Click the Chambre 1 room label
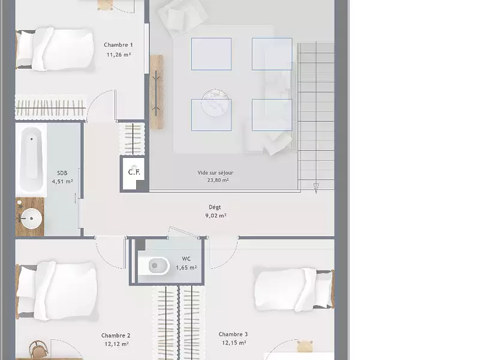click(118, 45)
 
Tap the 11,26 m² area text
click(119, 55)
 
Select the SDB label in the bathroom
click(62, 173)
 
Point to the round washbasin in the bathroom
click(32, 218)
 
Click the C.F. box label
click(134, 172)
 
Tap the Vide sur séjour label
click(215, 173)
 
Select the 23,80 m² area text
click(218, 181)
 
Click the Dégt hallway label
click(215, 208)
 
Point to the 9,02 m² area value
click(216, 215)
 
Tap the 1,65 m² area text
click(186, 268)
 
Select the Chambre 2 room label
click(116, 335)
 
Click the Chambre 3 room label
click(233, 334)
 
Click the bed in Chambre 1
click(55, 49)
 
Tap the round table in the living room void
click(215, 103)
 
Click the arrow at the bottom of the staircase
click(316, 188)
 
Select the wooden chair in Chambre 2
click(38, 349)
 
